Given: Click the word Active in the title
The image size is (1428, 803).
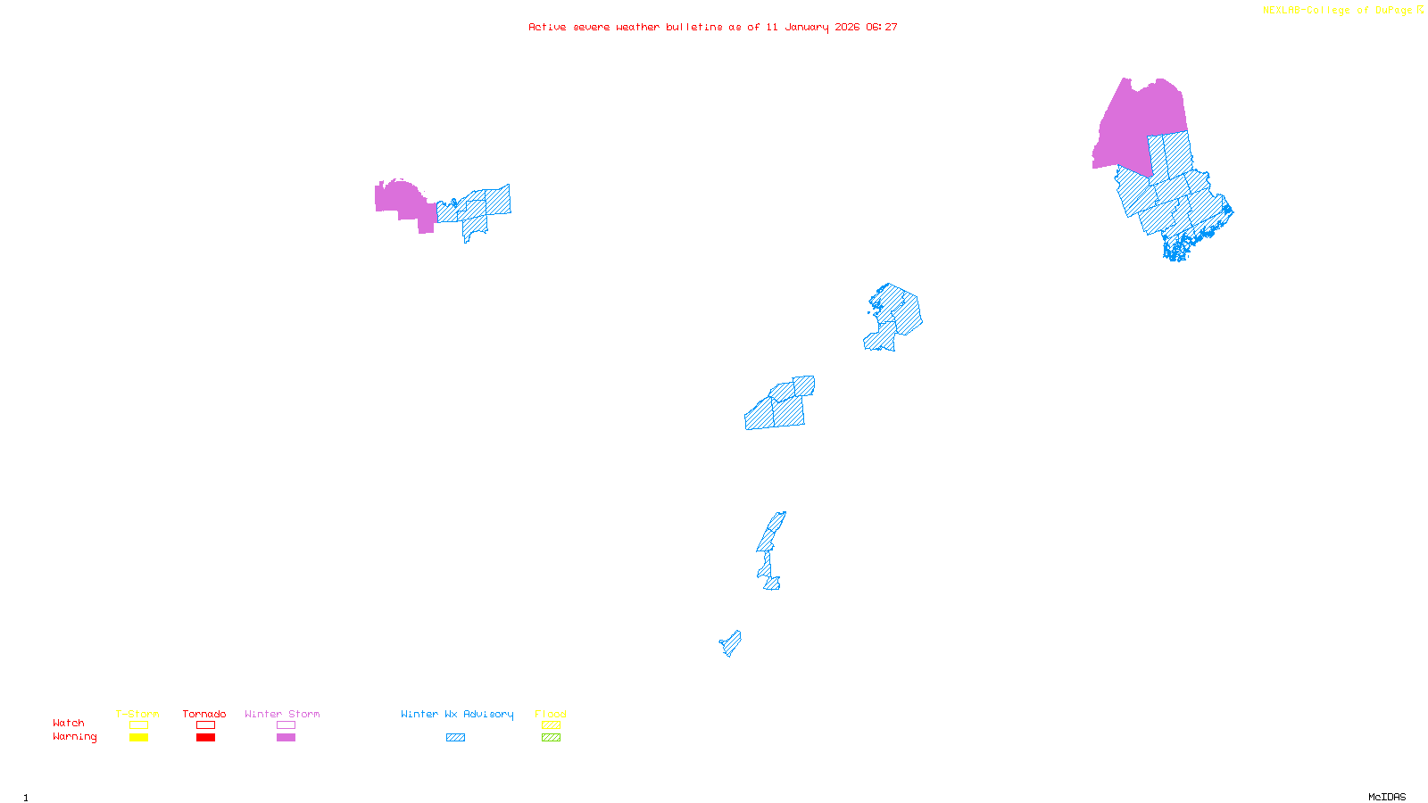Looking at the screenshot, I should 545,27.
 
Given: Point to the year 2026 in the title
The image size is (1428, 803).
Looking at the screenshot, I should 847,27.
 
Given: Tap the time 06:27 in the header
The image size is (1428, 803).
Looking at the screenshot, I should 882,27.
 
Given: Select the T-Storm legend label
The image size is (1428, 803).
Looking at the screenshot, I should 137,714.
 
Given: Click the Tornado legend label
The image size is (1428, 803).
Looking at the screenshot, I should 204,714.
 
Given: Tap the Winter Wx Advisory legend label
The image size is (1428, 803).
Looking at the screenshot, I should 457,714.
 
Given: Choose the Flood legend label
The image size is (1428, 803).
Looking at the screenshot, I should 551,714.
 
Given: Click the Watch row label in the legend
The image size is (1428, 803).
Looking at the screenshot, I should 69,724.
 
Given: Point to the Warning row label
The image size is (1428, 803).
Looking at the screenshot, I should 75,737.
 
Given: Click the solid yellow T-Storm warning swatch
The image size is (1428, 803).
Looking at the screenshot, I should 138,738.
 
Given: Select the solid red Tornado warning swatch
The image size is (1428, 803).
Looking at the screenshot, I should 205,738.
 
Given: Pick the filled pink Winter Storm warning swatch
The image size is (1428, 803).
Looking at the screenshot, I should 286,738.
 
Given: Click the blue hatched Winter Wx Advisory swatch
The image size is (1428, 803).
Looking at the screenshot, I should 455,738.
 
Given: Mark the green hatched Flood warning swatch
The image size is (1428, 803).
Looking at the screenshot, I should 551,738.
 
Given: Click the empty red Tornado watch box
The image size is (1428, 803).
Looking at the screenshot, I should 205,725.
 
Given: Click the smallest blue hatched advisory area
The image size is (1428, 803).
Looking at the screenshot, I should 731,642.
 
